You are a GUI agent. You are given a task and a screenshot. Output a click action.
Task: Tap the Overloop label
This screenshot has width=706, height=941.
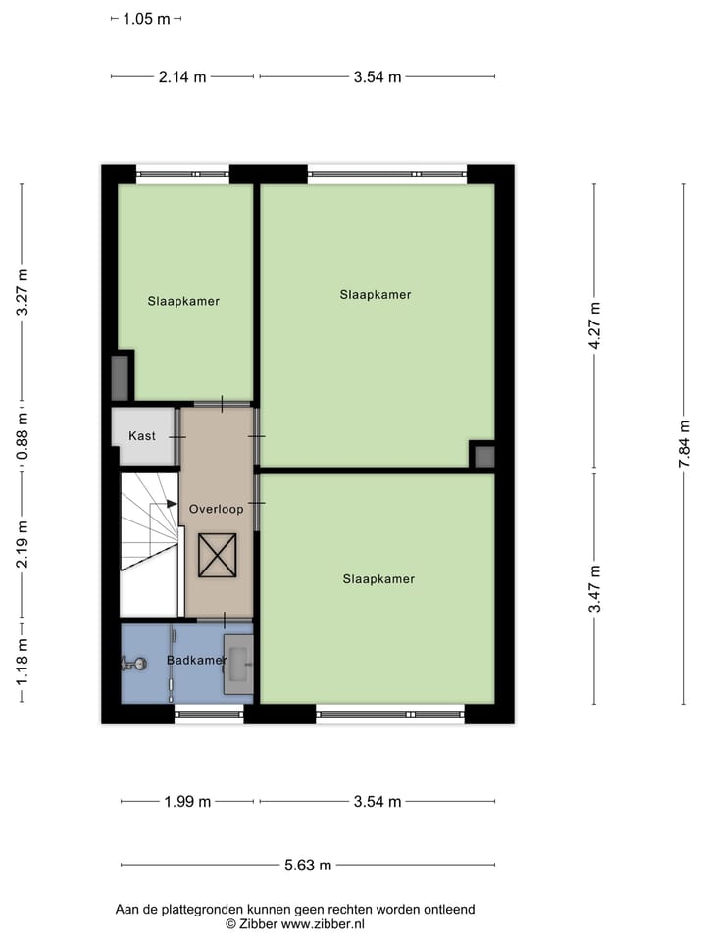coord(216,509)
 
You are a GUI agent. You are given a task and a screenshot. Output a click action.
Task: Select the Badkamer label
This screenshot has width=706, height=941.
coord(196,660)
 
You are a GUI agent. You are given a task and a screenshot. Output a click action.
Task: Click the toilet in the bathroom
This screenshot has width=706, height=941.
coord(133,664)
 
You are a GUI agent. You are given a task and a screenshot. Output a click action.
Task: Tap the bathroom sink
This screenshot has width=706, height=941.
coord(238,664)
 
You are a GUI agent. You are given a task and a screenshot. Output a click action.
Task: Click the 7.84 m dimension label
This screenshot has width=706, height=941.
coord(684,444)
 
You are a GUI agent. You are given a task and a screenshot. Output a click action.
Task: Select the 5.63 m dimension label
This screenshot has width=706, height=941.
coord(308,865)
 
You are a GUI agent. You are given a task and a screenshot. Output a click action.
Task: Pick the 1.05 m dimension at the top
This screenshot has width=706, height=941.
coord(146,18)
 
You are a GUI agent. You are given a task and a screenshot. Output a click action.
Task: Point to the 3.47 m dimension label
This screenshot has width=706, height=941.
coord(594,589)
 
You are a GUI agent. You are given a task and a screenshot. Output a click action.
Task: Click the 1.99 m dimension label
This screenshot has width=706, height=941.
coord(187,802)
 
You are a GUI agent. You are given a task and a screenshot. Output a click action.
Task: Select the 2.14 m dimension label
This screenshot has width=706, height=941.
coord(182,77)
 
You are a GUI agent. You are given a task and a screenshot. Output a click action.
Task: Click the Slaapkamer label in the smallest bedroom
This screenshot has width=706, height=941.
coord(183,301)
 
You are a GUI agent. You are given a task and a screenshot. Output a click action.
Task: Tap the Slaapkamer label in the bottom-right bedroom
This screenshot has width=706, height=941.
coord(378,579)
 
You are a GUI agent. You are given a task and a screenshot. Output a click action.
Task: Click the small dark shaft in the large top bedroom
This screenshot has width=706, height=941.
coord(482,456)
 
